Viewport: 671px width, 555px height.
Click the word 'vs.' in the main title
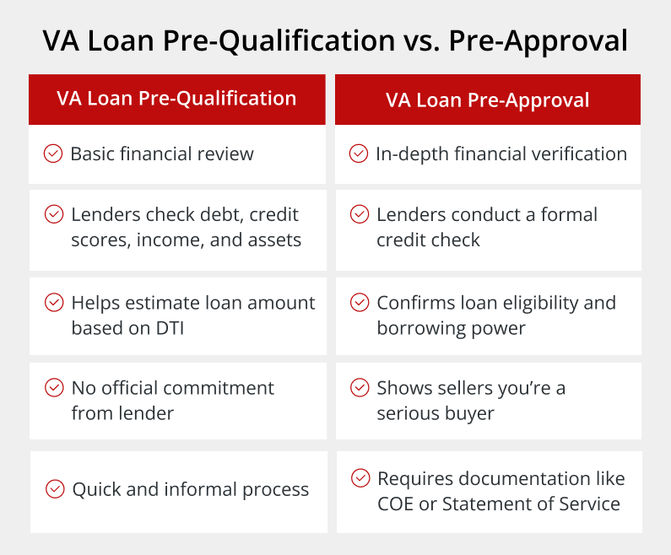pos(421,42)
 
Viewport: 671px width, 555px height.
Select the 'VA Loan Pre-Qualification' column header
pos(176,99)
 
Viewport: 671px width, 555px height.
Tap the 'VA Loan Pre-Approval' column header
pos(487,100)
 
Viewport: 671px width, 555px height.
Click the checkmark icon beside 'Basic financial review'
pos(53,154)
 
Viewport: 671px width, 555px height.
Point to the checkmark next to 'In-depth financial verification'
pos(359,154)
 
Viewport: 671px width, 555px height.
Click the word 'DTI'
pos(170,328)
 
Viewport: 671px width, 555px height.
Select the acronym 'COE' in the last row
pos(395,504)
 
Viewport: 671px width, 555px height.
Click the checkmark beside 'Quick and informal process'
pos(55,489)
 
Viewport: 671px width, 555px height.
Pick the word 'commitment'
pos(219,388)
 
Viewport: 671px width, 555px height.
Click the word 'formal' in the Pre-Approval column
pos(569,214)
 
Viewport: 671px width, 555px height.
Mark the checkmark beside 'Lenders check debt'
pos(54,214)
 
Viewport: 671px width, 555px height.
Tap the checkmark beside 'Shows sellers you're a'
pos(360,388)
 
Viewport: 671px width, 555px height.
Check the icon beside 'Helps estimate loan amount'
pos(54,302)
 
